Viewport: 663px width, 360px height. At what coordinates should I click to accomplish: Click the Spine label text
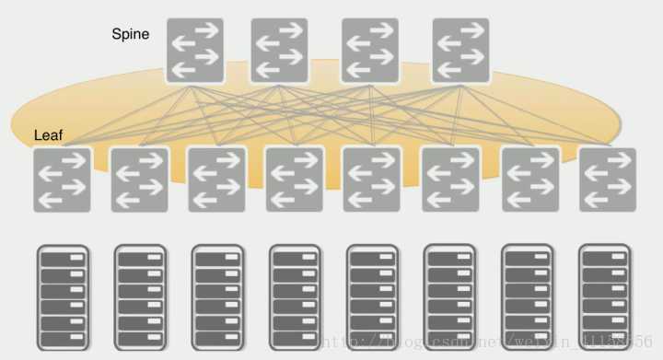click(x=132, y=34)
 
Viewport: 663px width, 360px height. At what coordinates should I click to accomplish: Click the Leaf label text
click(x=48, y=135)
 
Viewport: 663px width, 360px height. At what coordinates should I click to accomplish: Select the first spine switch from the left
click(x=195, y=51)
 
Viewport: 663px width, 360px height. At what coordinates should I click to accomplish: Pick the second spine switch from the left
click(x=279, y=51)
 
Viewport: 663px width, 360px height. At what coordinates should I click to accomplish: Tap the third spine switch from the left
click(x=370, y=51)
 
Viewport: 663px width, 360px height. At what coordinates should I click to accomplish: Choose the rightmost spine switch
click(x=460, y=51)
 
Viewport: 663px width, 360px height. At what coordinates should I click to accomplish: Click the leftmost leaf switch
click(x=62, y=180)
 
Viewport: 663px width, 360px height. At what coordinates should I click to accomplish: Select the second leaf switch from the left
click(x=139, y=180)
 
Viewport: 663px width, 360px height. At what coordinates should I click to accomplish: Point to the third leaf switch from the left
click(x=216, y=180)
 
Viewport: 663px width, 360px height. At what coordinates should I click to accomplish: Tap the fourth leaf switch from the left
click(x=295, y=180)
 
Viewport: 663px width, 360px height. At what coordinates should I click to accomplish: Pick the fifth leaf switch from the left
click(x=372, y=180)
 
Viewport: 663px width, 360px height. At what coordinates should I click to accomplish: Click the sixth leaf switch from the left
click(x=450, y=180)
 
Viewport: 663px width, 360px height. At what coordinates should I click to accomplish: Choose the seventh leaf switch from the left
click(x=530, y=180)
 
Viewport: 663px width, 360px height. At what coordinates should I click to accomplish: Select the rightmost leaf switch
click(x=608, y=180)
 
